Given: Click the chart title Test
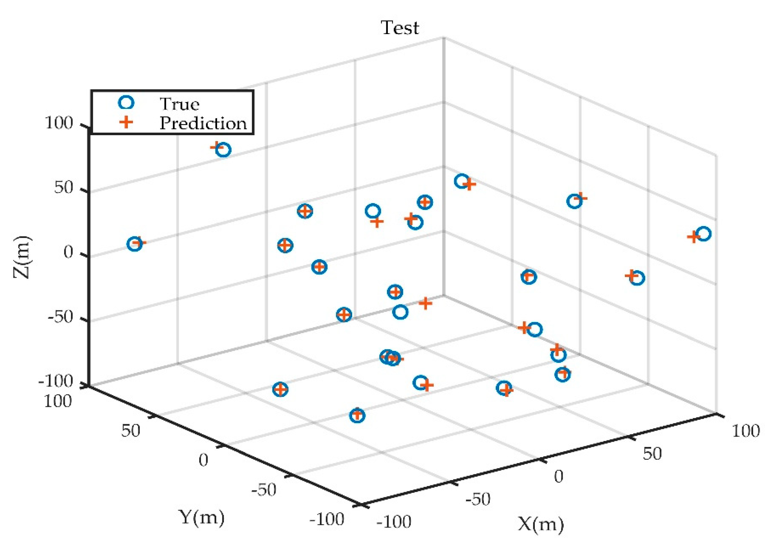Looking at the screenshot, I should click(400, 28).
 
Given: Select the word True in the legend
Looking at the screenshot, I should click(179, 104).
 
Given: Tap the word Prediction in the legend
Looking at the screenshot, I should click(203, 123).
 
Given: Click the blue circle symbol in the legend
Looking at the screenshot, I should click(126, 103).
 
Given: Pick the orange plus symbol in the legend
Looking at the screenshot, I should click(126, 123).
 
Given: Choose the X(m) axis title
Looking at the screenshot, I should click(540, 524).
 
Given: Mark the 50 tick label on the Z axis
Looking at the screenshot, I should click(63, 187).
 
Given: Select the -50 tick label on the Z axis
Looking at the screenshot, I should click(60, 317).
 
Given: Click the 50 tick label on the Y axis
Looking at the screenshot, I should click(130, 431).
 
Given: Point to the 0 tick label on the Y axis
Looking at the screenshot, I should click(203, 460).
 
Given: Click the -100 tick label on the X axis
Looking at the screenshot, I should click(393, 522).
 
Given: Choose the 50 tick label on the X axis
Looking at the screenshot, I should click(652, 454).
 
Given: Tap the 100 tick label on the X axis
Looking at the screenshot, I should click(746, 431).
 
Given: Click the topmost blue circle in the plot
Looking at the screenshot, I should click(223, 150).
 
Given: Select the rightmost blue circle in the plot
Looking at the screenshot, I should click(703, 234).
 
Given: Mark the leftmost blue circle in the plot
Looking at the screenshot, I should click(135, 244).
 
